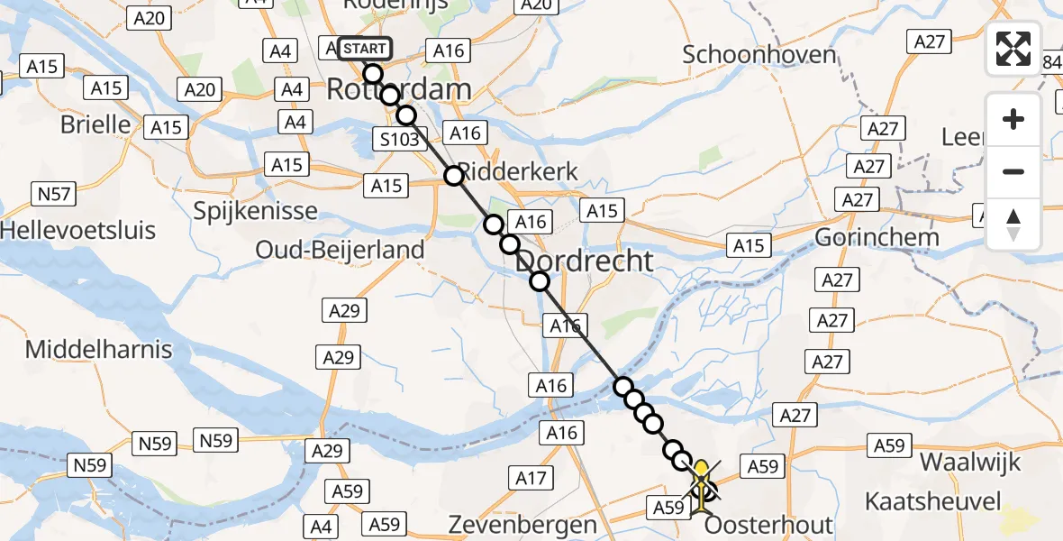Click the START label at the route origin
pyautogui.click(x=365, y=49)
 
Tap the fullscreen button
pyautogui.click(x=1013, y=49)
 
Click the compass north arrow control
pyautogui.click(x=1013, y=225)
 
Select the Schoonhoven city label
pyautogui.click(x=759, y=54)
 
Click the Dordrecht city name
pyautogui.click(x=585, y=261)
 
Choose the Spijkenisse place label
pyautogui.click(x=255, y=211)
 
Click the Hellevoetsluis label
pyautogui.click(x=77, y=230)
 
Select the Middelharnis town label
pyautogui.click(x=98, y=349)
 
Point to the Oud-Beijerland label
pyautogui.click(x=340, y=250)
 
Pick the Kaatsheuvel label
pyautogui.click(x=932, y=500)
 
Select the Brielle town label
pyautogui.click(x=95, y=124)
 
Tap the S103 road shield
pyautogui.click(x=397, y=139)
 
